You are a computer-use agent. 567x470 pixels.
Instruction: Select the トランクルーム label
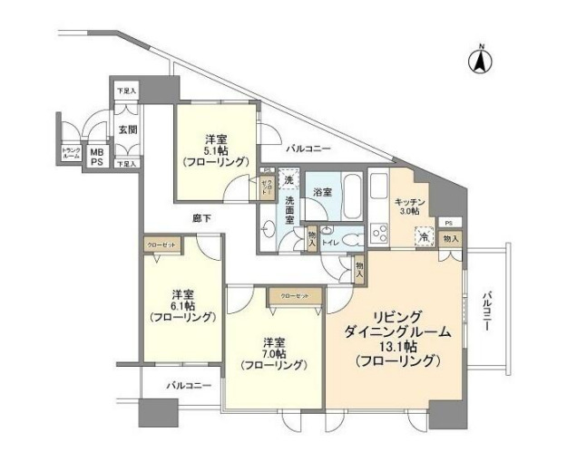71,154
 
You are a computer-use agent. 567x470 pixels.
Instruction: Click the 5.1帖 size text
215,151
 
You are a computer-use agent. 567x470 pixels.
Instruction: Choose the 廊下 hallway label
201,217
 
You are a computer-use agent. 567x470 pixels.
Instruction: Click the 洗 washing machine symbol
288,178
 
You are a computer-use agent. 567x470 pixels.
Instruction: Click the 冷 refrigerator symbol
424,236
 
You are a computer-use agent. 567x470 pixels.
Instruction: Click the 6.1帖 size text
183,306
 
